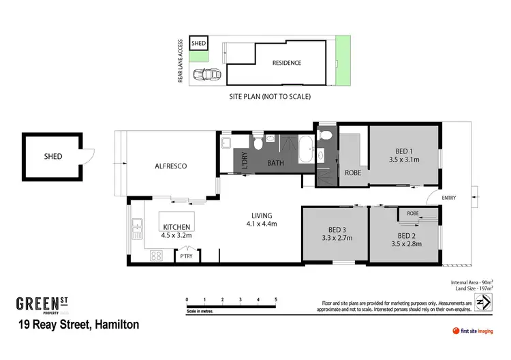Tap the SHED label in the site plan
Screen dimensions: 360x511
tap(198, 43)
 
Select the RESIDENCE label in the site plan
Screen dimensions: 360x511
tap(286, 63)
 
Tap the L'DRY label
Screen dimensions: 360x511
tap(245, 161)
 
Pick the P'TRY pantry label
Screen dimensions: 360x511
tap(185, 256)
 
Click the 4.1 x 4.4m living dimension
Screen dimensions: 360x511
tap(260, 224)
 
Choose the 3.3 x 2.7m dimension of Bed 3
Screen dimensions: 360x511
tap(336, 239)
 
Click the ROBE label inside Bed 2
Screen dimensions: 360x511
tap(413, 213)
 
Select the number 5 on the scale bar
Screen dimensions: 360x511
tap(275, 299)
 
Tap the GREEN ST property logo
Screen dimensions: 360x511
tap(44, 304)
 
